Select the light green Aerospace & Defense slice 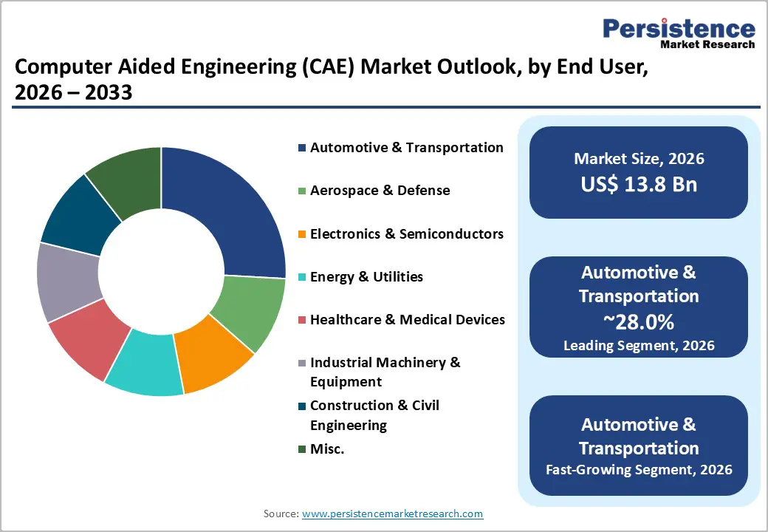[x=250, y=310]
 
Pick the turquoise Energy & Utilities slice [x=146, y=364]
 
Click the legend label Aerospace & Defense [x=380, y=191]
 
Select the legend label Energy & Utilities [x=366, y=277]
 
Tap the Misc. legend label [x=327, y=449]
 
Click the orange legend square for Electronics [x=302, y=234]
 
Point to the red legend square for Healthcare [x=302, y=320]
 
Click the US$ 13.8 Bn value [x=639, y=184]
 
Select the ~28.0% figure [x=639, y=322]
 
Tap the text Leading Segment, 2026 [x=639, y=345]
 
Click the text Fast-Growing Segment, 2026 [x=639, y=469]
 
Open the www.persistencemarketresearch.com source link [x=392, y=514]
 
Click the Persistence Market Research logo [x=679, y=33]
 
